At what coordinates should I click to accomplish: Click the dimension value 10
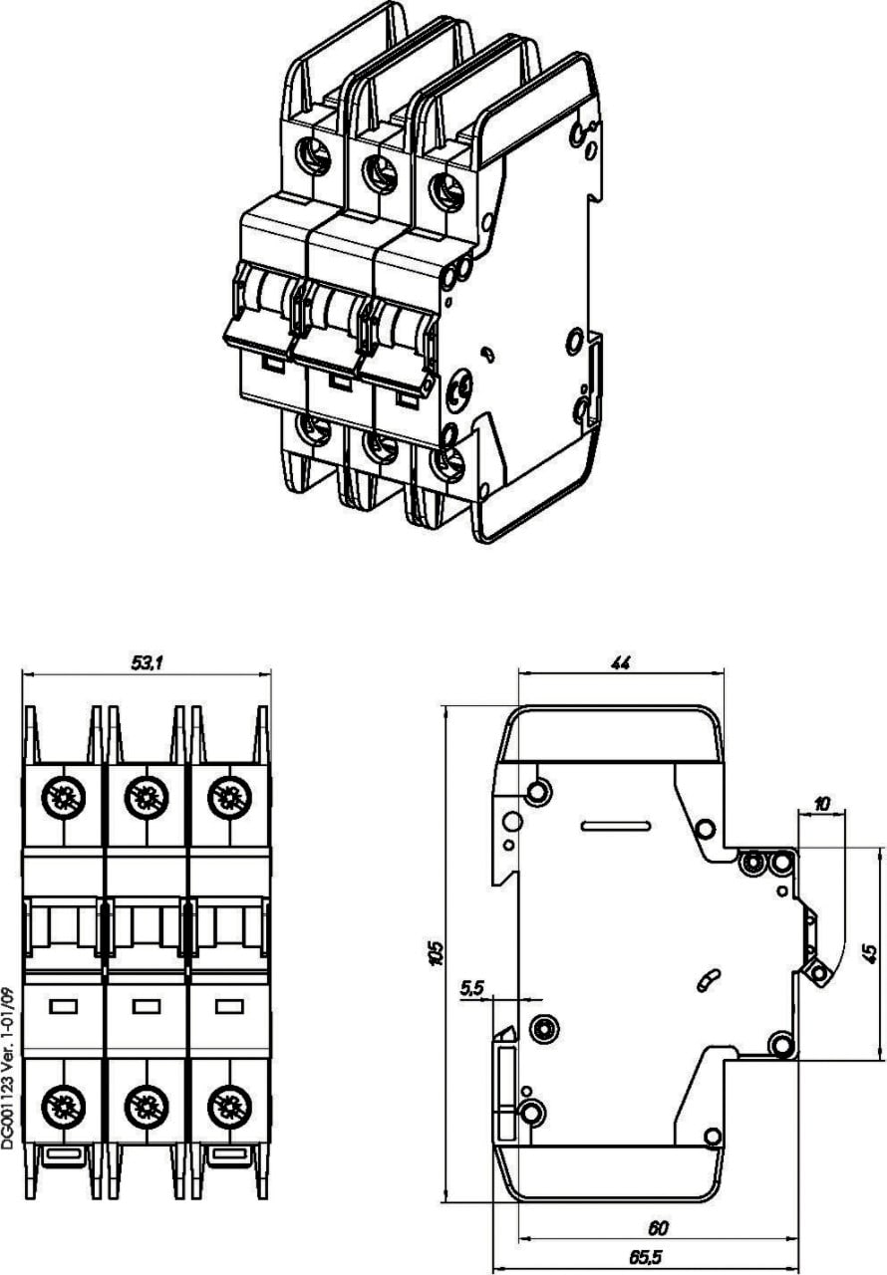(x=822, y=803)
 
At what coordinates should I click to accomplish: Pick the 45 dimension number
(x=870, y=953)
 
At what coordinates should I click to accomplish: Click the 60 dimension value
(x=658, y=1228)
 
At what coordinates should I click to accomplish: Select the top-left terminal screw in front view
(x=63, y=795)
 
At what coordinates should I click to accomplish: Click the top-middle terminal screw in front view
(x=146, y=795)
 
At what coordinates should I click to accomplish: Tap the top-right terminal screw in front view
(x=228, y=795)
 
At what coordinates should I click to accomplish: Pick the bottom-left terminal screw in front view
(x=63, y=1106)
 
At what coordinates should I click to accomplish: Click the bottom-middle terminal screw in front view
(x=146, y=1106)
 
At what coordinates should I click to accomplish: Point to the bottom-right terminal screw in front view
(x=228, y=1106)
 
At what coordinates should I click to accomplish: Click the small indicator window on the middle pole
(x=146, y=1006)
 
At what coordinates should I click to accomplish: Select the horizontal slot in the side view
(x=616, y=825)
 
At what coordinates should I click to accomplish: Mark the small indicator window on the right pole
(x=228, y=1006)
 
